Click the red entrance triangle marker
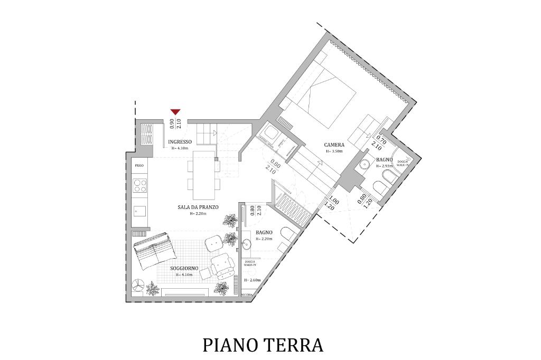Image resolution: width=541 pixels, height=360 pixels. (x=175, y=111)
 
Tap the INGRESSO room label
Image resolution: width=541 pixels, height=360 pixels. (x=180, y=143)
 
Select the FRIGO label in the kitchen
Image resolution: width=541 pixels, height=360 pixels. (x=139, y=166)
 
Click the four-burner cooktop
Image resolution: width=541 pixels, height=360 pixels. (x=140, y=185)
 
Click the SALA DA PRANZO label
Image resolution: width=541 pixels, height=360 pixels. (x=198, y=207)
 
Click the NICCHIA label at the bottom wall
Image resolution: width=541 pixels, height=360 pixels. (x=247, y=295)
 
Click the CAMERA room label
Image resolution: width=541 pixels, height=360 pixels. (x=334, y=145)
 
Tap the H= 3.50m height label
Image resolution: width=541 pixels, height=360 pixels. (x=334, y=151)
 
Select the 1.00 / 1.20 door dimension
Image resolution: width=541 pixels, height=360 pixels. (x=331, y=203)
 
